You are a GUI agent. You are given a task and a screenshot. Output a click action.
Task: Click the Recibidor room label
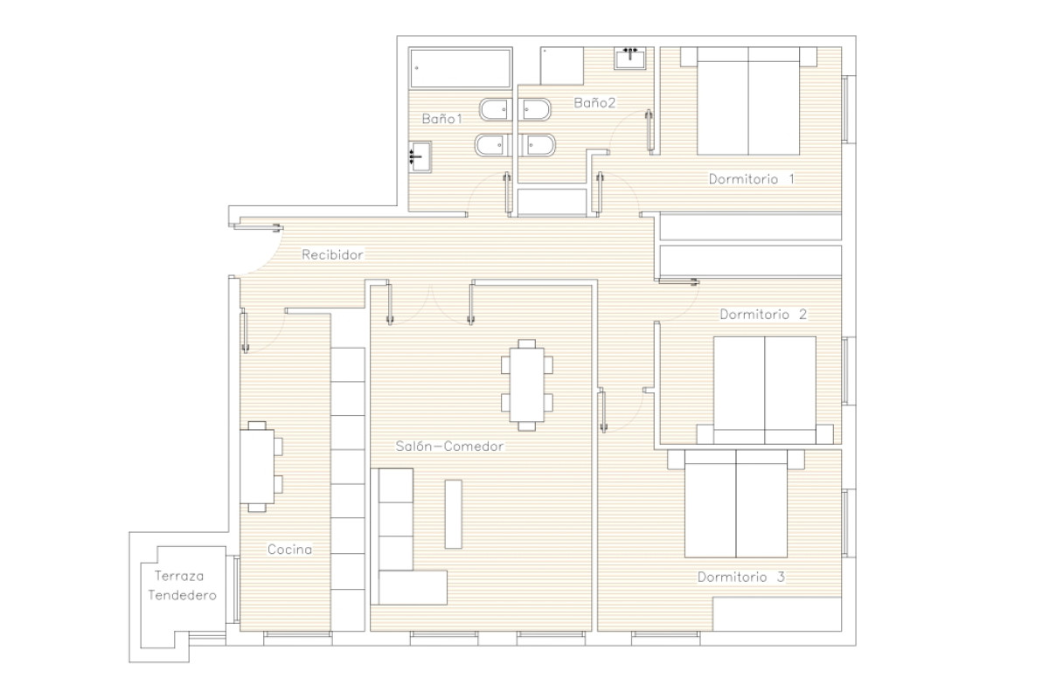click(332, 254)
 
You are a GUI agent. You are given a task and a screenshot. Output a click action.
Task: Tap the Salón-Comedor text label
click(449, 446)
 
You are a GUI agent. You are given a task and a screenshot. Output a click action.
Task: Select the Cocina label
click(289, 550)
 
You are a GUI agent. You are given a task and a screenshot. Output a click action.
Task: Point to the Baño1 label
click(442, 119)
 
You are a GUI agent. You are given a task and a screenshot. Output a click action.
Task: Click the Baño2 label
click(594, 102)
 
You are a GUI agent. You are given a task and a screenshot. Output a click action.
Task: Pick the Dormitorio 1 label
click(752, 179)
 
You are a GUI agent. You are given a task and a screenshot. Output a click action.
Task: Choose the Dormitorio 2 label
click(763, 315)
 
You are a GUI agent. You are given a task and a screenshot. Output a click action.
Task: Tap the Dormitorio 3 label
click(741, 577)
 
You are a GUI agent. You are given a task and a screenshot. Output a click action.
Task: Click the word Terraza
click(179, 576)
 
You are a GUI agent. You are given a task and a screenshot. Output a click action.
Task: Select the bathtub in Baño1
click(461, 68)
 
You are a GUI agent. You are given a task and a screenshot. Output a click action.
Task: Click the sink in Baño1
click(420, 157)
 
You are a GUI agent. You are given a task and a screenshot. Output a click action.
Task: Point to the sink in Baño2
click(630, 58)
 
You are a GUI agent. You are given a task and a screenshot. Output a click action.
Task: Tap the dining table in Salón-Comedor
click(527, 384)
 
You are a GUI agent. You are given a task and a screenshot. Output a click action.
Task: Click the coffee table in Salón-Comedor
click(454, 514)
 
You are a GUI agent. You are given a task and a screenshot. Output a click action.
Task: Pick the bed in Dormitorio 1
click(748, 100)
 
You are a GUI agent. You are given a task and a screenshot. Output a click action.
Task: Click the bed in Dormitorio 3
click(736, 504)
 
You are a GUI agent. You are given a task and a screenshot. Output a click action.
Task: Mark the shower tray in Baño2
click(562, 66)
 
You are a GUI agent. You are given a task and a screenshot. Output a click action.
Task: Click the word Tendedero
click(182, 596)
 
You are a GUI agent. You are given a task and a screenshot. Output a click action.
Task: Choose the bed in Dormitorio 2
click(765, 390)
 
